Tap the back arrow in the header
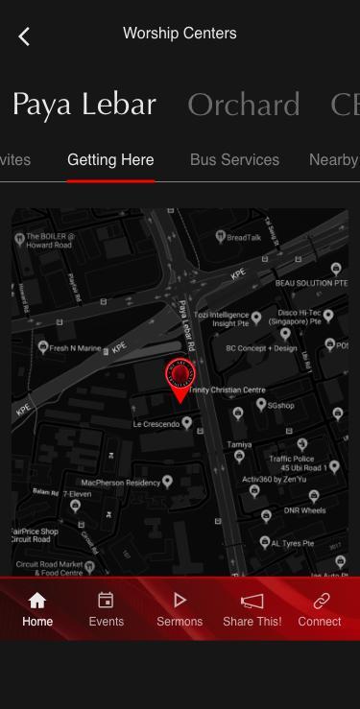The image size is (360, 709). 24,36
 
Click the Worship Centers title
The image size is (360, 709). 180,34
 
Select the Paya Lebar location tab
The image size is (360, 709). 84,105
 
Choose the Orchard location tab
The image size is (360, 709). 244,105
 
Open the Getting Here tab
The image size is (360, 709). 110,160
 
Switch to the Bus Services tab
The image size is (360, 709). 234,160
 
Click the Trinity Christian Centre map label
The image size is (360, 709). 227,390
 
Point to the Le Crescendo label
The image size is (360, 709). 162,423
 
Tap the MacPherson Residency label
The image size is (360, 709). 121,483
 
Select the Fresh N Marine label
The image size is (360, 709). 75,348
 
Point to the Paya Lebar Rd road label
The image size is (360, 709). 187,325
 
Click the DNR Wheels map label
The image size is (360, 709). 305,510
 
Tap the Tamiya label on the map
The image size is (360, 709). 239,445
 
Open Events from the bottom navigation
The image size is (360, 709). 107,609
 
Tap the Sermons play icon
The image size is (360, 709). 180,601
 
